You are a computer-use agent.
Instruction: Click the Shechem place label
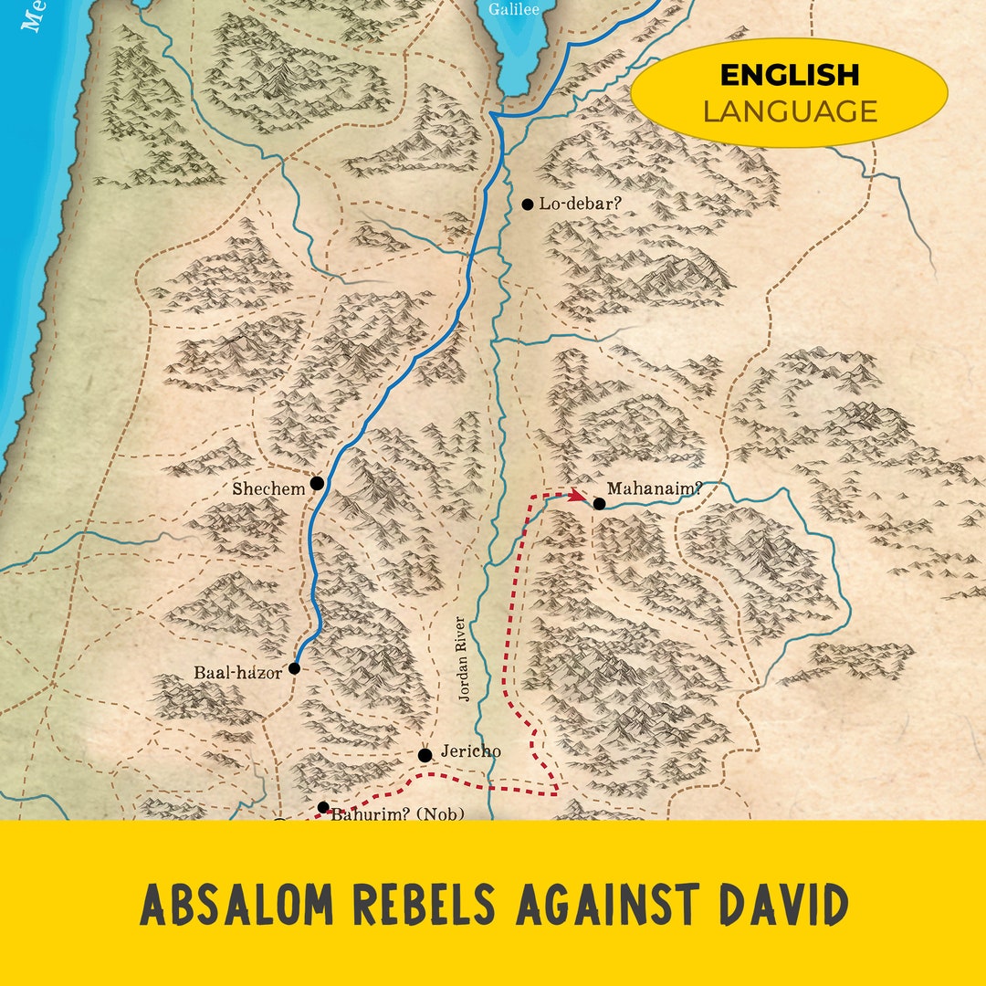[268, 489]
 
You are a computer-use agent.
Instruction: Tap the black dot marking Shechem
[318, 483]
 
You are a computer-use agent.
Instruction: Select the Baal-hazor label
[237, 674]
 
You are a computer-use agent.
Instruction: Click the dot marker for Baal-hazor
[294, 668]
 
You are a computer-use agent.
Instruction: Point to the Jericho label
[470, 751]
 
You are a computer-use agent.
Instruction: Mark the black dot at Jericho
[425, 755]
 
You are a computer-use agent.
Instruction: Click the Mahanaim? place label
[655, 488]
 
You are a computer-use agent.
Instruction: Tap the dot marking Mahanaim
[599, 503]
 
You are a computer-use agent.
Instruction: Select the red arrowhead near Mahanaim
[578, 496]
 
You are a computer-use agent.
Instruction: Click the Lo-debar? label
[580, 203]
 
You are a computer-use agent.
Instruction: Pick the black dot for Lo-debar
[527, 205]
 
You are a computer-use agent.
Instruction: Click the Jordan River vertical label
[463, 659]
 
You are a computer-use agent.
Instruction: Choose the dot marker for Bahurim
[322, 807]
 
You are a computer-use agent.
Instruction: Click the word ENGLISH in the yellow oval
[789, 75]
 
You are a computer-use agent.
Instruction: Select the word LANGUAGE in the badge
[789, 111]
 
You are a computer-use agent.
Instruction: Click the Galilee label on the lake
[514, 10]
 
